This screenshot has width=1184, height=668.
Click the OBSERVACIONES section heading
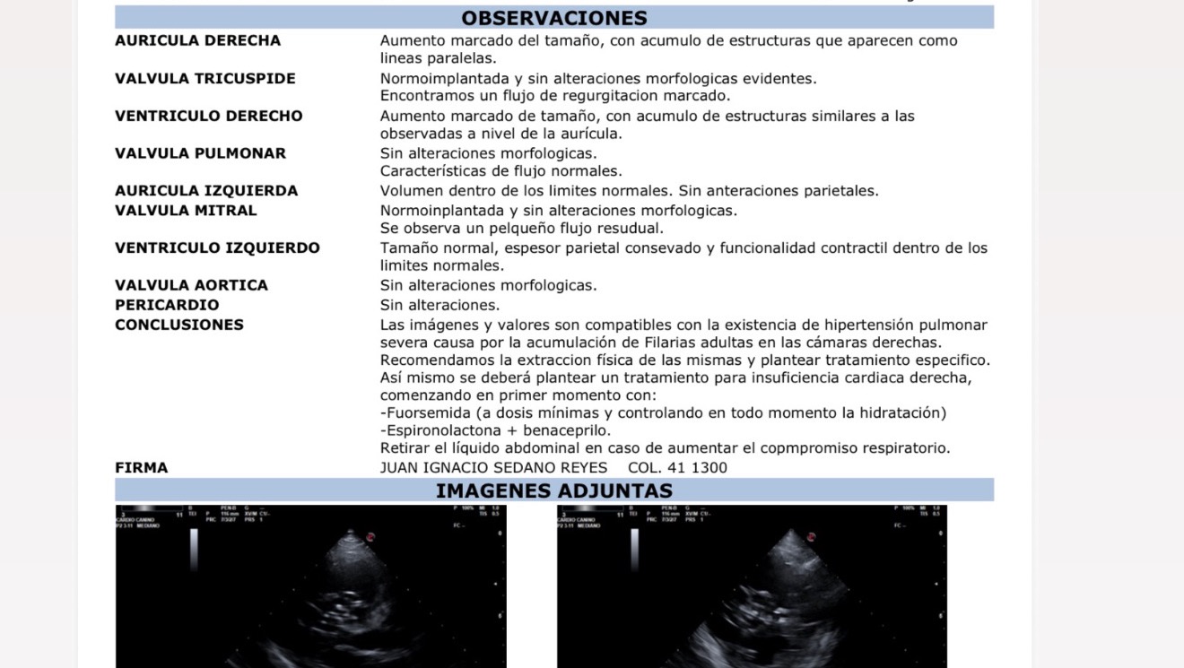pos(553,18)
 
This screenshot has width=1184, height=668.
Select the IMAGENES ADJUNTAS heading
pos(553,490)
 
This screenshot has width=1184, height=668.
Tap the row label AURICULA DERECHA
pos(197,40)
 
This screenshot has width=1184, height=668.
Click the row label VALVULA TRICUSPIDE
pos(205,78)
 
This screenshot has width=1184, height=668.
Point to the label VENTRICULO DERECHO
pos(208,116)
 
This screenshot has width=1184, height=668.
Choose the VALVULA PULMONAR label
pos(200,153)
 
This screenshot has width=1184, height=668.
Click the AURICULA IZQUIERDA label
pos(206,191)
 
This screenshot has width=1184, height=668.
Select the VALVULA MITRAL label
pos(186,211)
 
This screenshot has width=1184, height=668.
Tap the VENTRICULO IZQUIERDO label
pos(217,248)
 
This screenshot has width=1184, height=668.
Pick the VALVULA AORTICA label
pos(191,285)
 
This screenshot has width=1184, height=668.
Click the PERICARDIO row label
pos(167,305)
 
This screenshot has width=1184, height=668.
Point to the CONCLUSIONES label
pos(179,325)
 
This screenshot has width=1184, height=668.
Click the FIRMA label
pos(141,468)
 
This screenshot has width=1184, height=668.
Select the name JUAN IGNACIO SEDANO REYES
pos(493,468)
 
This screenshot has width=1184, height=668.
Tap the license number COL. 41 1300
pos(677,468)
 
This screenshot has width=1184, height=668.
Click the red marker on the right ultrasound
pos(811,536)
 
